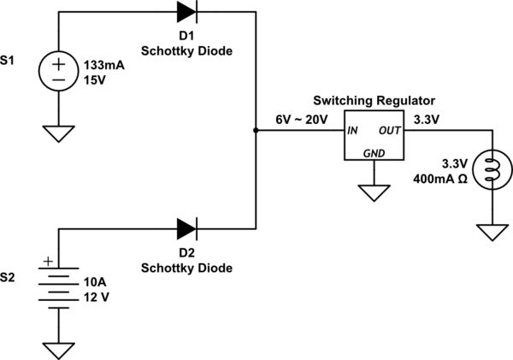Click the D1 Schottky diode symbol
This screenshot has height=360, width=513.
187,12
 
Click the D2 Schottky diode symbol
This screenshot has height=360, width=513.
187,228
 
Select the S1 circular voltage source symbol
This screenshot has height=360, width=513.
59,71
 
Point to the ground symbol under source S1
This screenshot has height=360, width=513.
59,133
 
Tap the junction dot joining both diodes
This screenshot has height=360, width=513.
256,131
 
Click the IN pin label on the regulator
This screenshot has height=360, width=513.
352,132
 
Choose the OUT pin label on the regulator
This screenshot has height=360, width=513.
390,132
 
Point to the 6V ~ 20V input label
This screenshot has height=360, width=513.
301,120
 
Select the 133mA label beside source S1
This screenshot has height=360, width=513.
102,65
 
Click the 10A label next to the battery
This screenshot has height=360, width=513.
94,282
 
